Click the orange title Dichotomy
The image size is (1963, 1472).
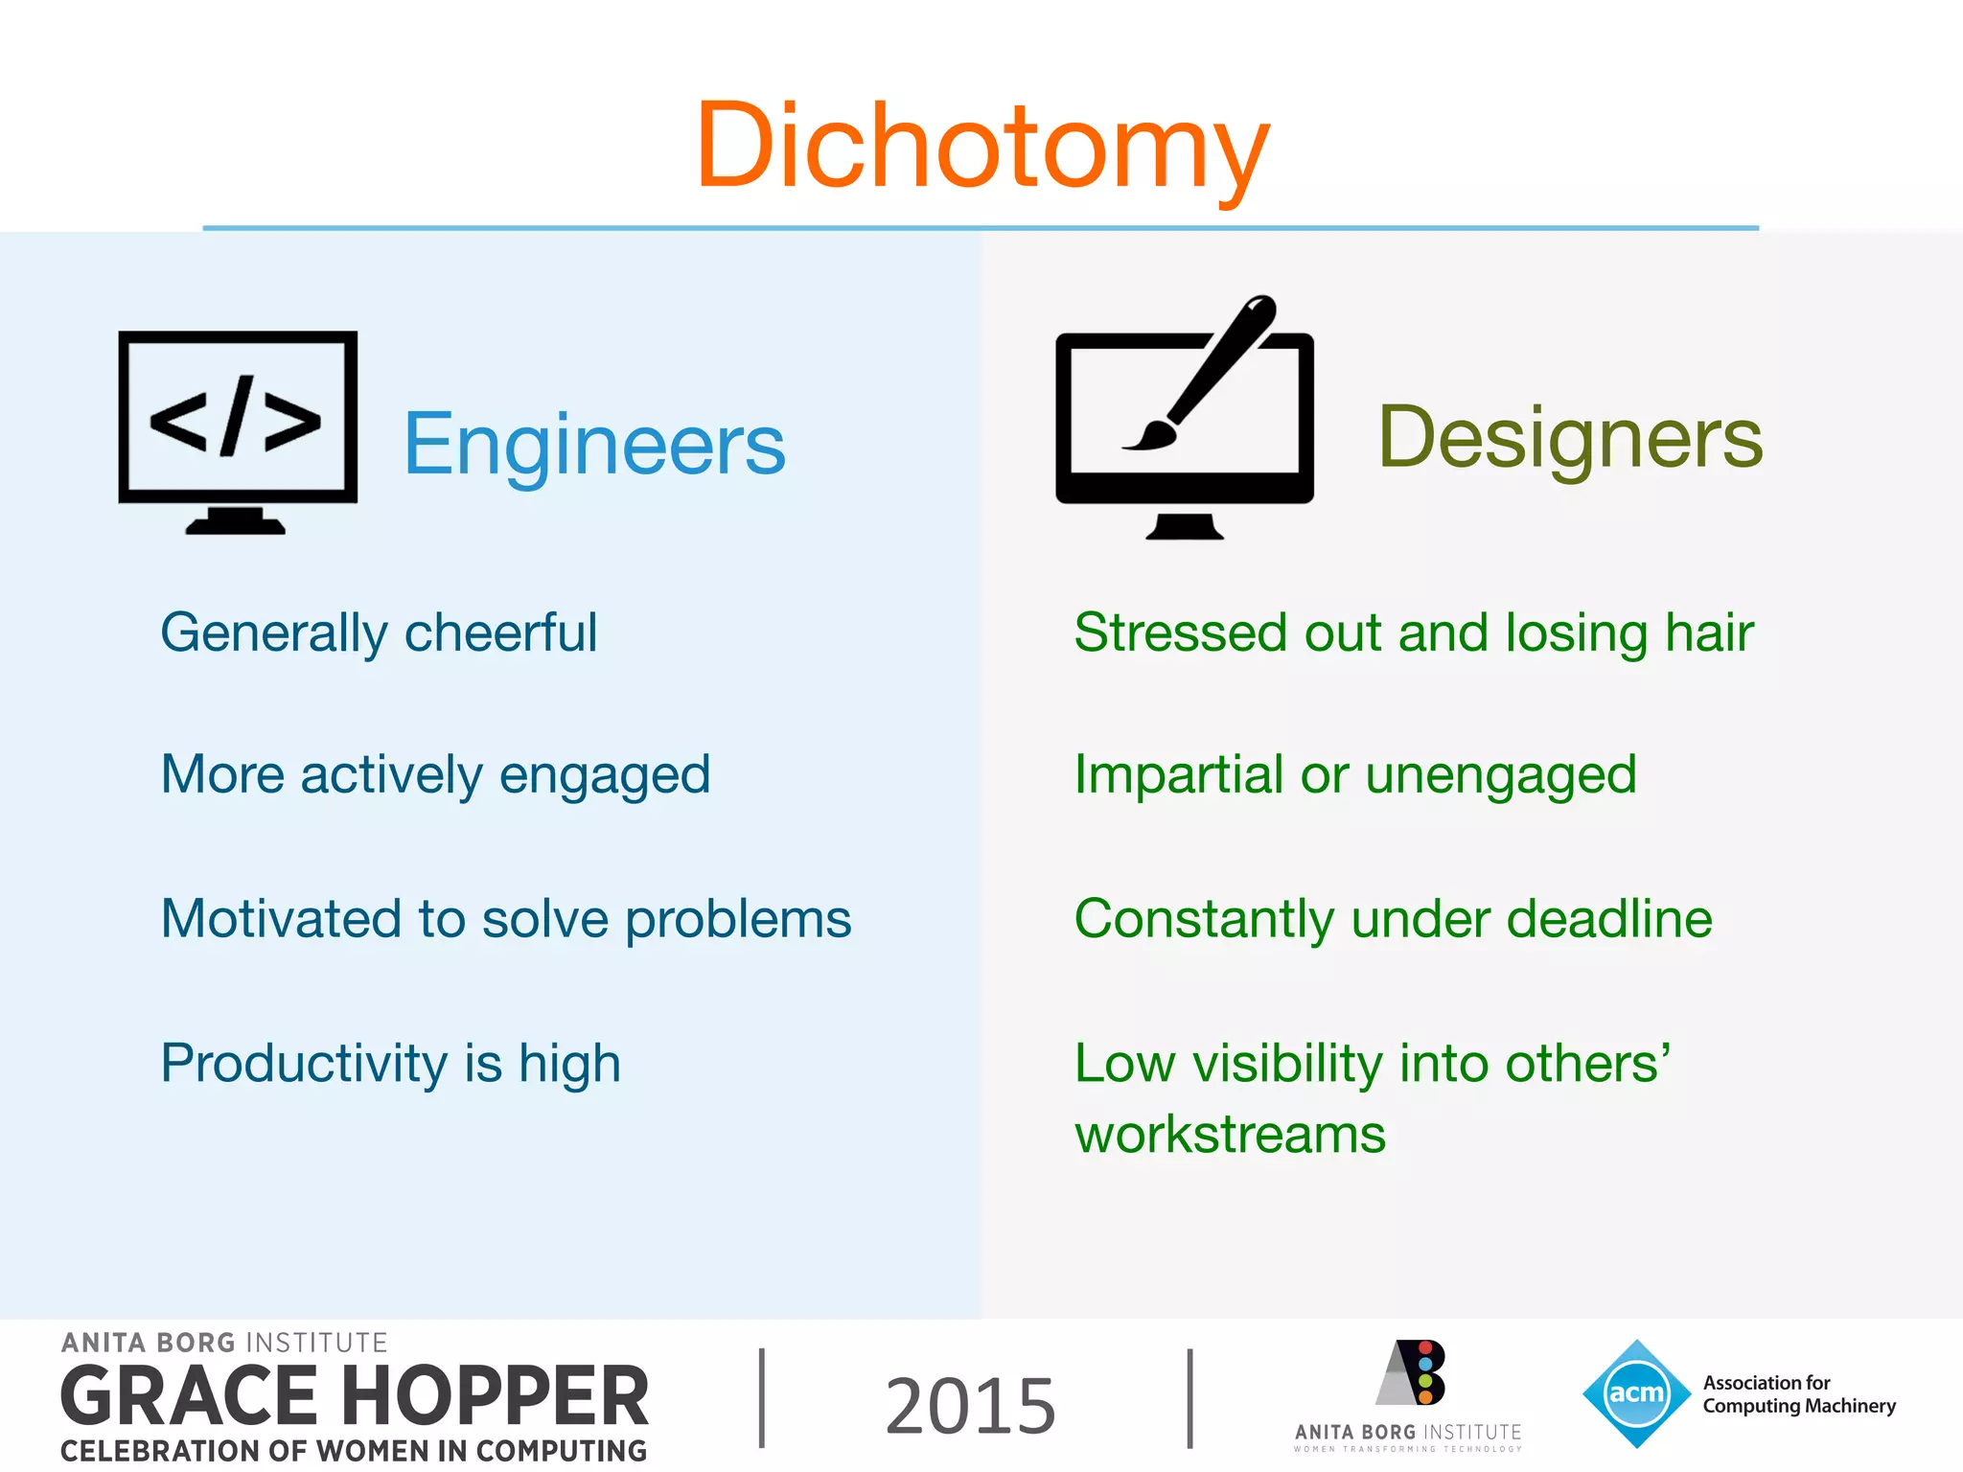click(981, 146)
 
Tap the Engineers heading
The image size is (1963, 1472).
click(594, 445)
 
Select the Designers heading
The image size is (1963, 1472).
click(1570, 438)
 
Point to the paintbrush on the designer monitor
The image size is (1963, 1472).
click(1208, 374)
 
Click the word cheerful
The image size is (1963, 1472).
click(500, 632)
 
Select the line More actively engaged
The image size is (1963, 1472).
click(435, 774)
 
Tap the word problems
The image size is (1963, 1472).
click(738, 919)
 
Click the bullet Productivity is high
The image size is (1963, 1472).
click(390, 1064)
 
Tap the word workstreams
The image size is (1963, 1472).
click(1230, 1135)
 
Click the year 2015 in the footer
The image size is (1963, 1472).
click(970, 1405)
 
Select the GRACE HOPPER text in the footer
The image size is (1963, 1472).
click(355, 1396)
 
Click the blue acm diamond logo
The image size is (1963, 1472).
click(1636, 1392)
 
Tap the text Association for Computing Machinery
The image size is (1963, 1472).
click(1798, 1394)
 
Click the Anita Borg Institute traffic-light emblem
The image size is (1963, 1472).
click(1414, 1372)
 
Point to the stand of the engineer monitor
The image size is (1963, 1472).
click(236, 521)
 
